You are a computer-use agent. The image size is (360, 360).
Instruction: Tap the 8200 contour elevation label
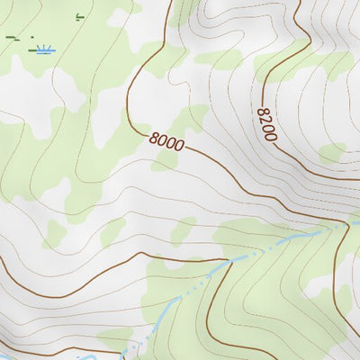[265, 123]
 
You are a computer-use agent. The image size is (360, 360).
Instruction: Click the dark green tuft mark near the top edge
[79, 16]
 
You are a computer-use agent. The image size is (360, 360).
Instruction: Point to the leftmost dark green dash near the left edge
[10, 37]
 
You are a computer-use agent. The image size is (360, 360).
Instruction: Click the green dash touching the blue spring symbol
[33, 52]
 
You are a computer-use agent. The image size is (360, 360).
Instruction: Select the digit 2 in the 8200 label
[264, 120]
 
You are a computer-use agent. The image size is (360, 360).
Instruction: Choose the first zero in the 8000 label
[163, 141]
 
